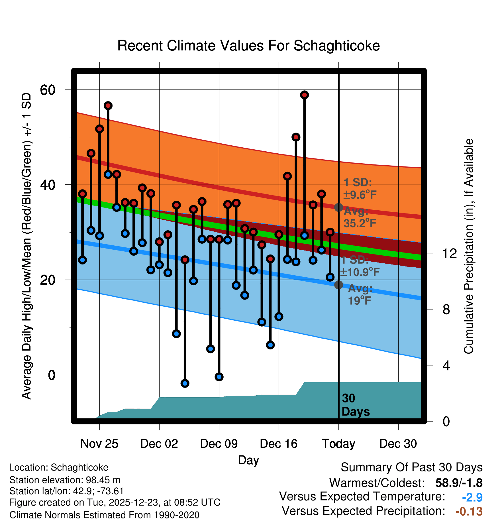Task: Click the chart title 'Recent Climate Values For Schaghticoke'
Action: pyautogui.click(x=248, y=46)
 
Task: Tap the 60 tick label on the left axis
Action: pyautogui.click(x=48, y=90)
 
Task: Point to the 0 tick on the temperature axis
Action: pyautogui.click(x=52, y=375)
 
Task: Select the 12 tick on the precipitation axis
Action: pyautogui.click(x=450, y=253)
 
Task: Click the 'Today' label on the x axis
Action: pyautogui.click(x=338, y=444)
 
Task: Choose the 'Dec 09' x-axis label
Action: pyautogui.click(x=219, y=444)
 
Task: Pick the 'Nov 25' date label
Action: pyautogui.click(x=99, y=444)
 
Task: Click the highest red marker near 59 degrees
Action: pyautogui.click(x=305, y=95)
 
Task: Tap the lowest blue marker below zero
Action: pyautogui.click(x=185, y=383)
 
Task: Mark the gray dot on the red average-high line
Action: pyautogui.click(x=338, y=207)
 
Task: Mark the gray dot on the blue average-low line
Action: pyautogui.click(x=338, y=284)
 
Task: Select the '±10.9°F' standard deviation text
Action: pyautogui.click(x=360, y=272)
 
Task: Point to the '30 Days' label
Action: pyautogui.click(x=355, y=405)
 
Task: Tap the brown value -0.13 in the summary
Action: pyautogui.click(x=469, y=511)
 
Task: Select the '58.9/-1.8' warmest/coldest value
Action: pyautogui.click(x=459, y=483)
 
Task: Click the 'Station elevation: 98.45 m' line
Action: pyautogui.click(x=65, y=480)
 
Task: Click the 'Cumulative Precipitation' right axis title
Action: pyautogui.click(x=469, y=247)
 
